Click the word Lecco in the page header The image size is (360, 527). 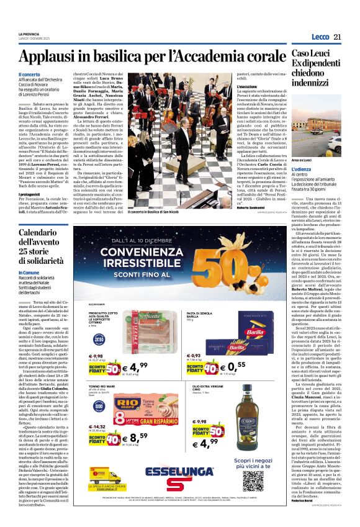click(x=320, y=37)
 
